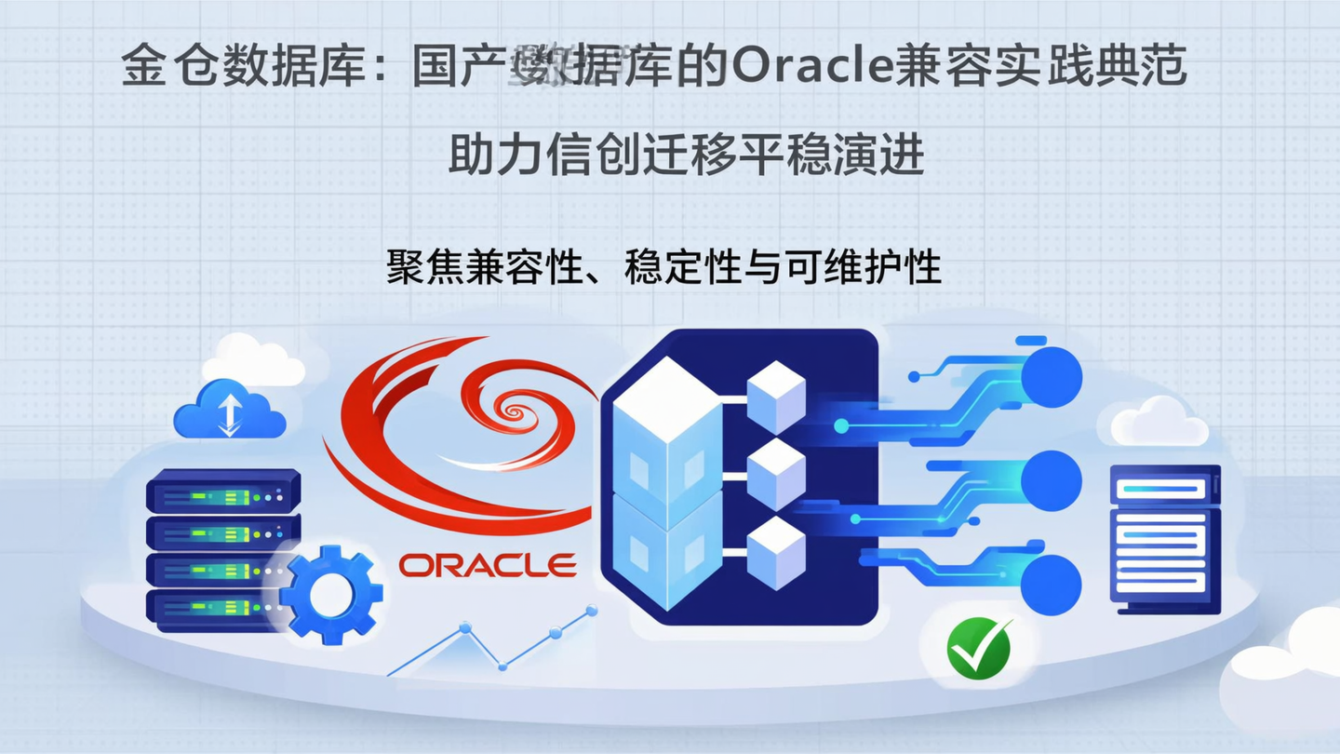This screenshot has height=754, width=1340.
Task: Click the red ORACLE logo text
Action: pyautogui.click(x=488, y=564)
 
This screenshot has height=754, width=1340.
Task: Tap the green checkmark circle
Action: pyautogui.click(x=979, y=647)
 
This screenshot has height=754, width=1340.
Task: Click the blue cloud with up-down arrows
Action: pyautogui.click(x=228, y=411)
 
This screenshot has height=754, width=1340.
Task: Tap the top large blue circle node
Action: pyautogui.click(x=1052, y=377)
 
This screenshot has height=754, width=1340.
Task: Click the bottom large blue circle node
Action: pyautogui.click(x=1052, y=584)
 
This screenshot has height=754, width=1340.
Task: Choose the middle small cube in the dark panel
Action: pyautogui.click(x=776, y=475)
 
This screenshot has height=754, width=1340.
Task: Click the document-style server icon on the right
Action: pyautogui.click(x=1165, y=538)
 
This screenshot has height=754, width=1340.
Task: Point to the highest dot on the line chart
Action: pyautogui.click(x=590, y=612)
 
